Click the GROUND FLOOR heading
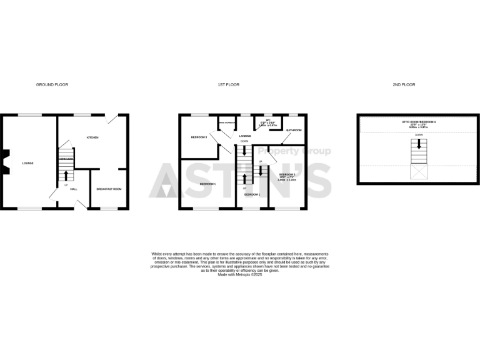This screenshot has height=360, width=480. pos(52,84)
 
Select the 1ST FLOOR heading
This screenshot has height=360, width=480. pos(229,84)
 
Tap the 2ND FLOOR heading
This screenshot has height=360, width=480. pos(404,84)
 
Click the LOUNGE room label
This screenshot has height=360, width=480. pos(27,163)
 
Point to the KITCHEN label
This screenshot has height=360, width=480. pos(92,137)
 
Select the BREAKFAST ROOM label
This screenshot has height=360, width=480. pos(109,189)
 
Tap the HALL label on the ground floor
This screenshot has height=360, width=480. pos(74,189)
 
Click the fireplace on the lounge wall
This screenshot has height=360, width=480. pos(4,161)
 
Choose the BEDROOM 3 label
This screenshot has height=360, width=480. pos(199,137)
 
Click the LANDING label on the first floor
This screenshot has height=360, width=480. pos(244,136)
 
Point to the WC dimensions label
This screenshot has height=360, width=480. pos(267,123)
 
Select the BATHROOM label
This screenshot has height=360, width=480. pos(294,131)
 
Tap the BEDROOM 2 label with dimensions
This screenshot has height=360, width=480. pos(287,177)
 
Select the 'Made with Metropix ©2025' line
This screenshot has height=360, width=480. pos(240,274)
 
